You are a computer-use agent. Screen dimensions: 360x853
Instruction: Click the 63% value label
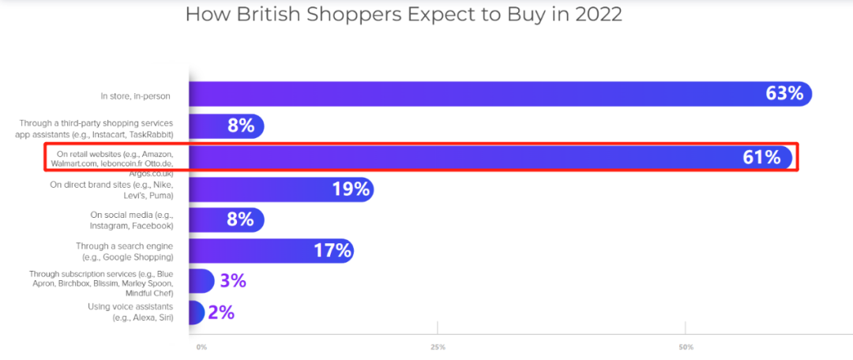click(x=784, y=94)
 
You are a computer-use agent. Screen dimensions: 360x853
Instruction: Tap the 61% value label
click(x=761, y=157)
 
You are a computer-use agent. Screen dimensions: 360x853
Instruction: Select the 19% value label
click(x=351, y=189)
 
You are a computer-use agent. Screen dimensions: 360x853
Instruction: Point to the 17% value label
click(x=331, y=251)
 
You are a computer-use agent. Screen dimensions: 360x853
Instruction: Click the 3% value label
click(x=233, y=281)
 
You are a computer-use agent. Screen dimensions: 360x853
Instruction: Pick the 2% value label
click(x=221, y=312)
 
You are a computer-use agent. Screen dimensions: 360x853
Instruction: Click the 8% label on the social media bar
click(x=240, y=219)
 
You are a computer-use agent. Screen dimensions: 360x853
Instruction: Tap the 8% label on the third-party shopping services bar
click(x=240, y=126)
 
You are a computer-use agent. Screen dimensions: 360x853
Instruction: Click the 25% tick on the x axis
click(x=438, y=347)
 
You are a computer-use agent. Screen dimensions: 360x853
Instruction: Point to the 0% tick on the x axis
click(x=201, y=347)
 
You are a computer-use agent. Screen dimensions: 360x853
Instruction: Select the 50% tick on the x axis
click(x=686, y=347)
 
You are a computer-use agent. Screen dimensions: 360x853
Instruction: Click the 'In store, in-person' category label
click(x=135, y=96)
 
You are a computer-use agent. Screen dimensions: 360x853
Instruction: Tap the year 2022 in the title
click(x=595, y=15)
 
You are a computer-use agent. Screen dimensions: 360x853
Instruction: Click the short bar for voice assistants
click(x=196, y=313)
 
